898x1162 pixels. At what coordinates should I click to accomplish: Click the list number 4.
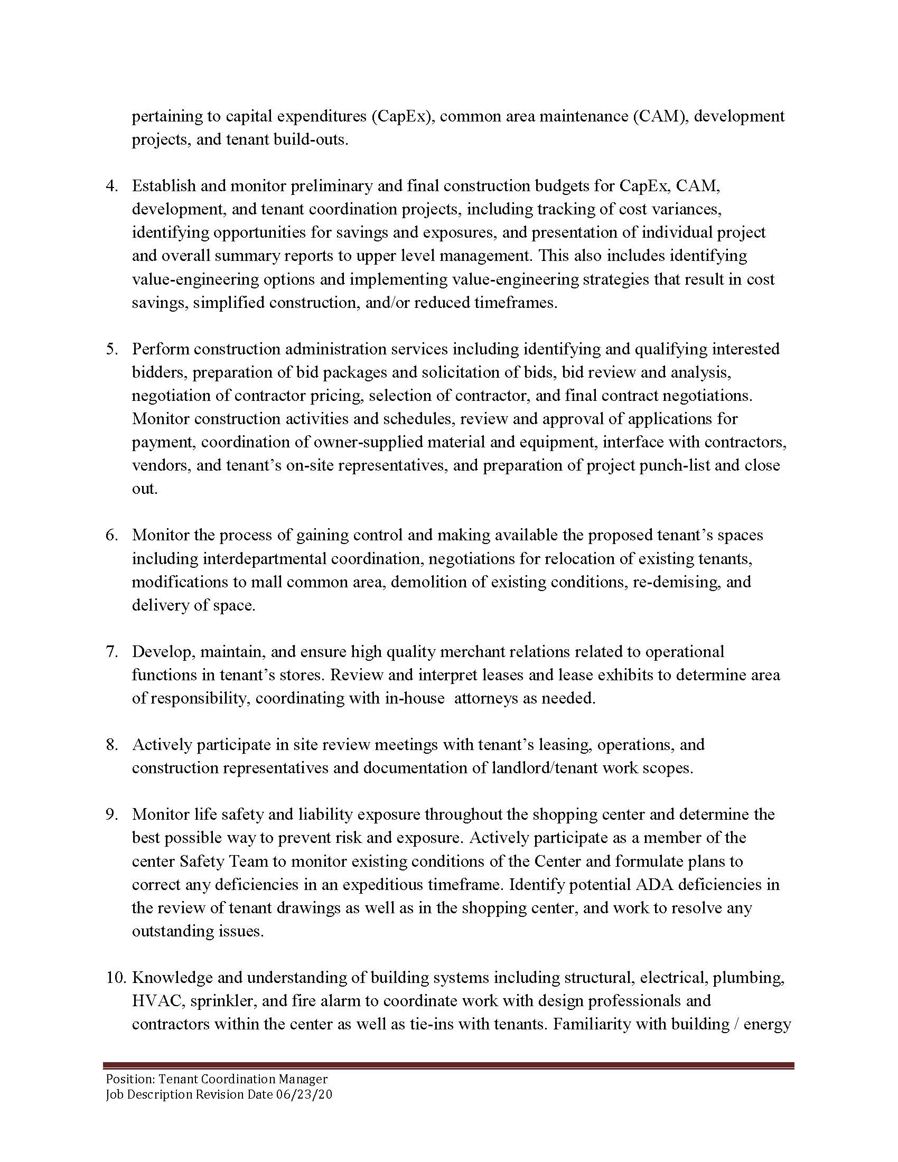(111, 186)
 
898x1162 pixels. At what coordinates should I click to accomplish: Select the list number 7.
(111, 652)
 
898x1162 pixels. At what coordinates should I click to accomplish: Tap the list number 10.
(115, 977)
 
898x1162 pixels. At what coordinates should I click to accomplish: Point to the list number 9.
(111, 814)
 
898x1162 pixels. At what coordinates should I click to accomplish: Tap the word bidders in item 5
(158, 372)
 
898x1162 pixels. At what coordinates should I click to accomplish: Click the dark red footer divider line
(448, 1066)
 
